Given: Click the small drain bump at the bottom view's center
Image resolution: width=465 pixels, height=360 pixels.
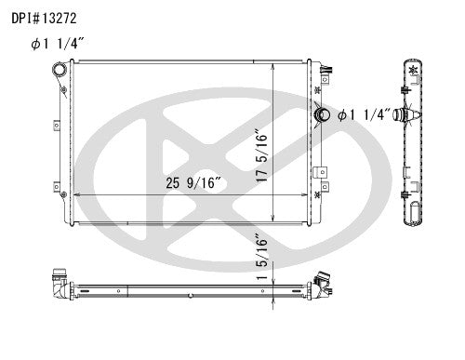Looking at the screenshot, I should point(191,297).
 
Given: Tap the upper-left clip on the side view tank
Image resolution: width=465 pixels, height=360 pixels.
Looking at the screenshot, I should point(399,90).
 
